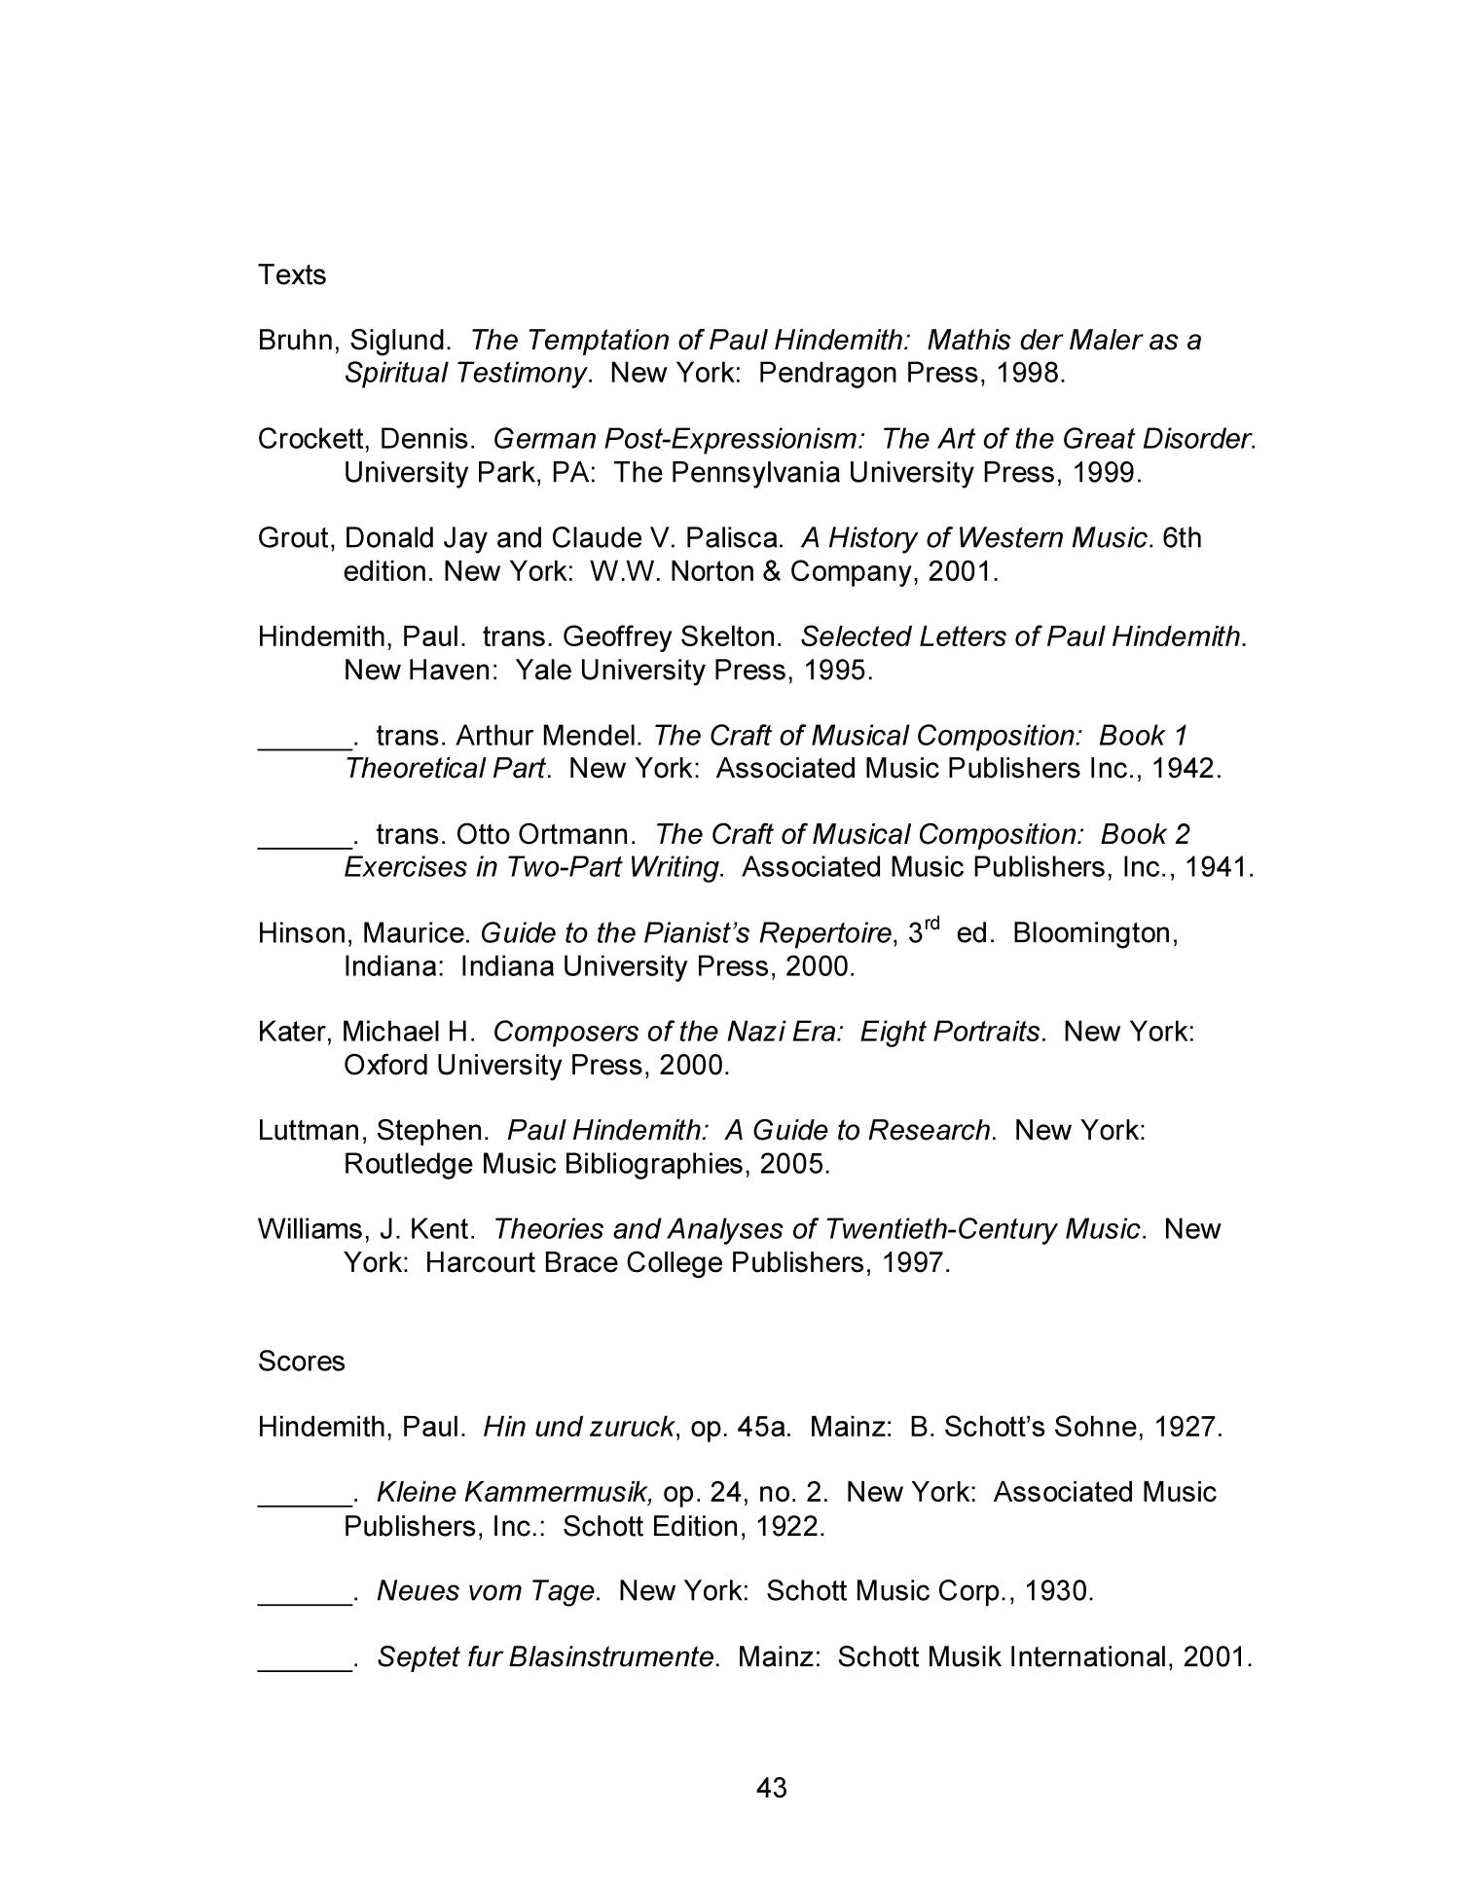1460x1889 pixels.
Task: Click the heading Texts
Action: (292, 275)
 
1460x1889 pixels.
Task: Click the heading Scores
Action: (301, 1361)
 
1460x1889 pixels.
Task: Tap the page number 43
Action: (771, 1787)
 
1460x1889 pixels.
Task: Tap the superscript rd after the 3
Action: (931, 925)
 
